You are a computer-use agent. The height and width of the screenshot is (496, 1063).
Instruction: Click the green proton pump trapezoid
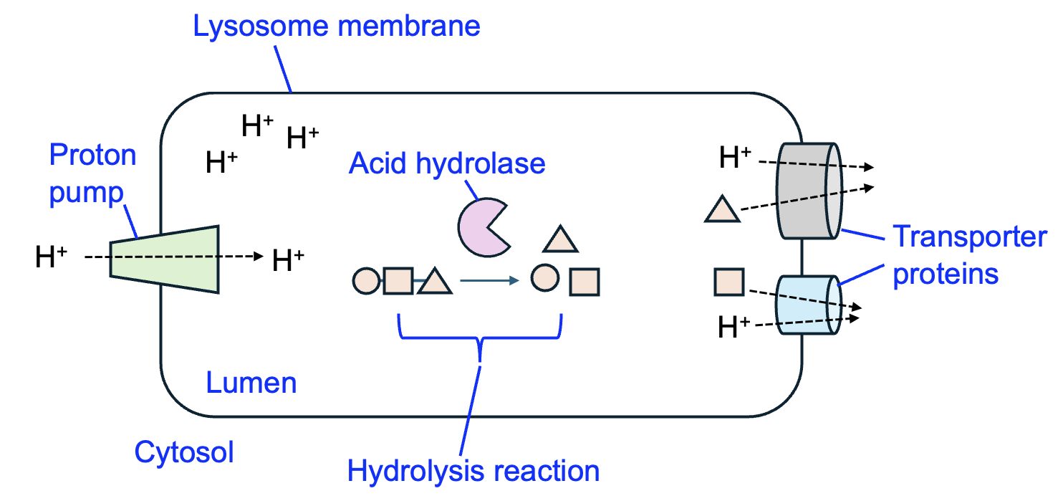coord(164,259)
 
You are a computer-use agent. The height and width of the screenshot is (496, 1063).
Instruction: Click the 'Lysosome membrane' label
coord(337,27)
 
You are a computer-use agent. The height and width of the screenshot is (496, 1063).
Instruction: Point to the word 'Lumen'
coord(251,383)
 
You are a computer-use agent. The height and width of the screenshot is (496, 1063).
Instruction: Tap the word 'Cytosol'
coord(184,453)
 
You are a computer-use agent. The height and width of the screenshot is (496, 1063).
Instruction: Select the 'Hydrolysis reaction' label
coord(473,472)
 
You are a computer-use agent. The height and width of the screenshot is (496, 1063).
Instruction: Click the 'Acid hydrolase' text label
coord(447,163)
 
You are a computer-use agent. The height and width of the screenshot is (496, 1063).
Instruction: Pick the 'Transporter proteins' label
coord(969,254)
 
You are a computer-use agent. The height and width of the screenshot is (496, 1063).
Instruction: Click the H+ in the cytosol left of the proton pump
coord(51,257)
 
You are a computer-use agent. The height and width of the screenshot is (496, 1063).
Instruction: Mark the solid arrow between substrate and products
coord(489,281)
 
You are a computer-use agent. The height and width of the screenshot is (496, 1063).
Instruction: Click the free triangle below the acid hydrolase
coord(560,239)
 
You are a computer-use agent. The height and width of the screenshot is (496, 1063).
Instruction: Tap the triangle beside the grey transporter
coord(721,210)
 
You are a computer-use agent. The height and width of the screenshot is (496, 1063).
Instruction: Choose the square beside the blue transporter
coord(729,281)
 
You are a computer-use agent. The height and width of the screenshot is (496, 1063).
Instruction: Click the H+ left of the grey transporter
coord(735,158)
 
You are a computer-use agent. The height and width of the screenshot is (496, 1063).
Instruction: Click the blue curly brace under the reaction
coord(480,337)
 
